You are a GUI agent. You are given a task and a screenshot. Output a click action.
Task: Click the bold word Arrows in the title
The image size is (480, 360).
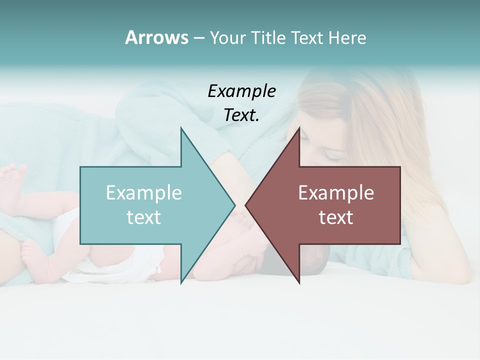pyautogui.click(x=156, y=37)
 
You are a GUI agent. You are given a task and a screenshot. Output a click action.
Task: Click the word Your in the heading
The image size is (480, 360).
pyautogui.click(x=228, y=38)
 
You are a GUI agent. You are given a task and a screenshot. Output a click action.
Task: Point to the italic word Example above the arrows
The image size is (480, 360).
pyautogui.click(x=242, y=91)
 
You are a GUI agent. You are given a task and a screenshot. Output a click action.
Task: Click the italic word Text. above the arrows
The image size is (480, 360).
pyautogui.click(x=241, y=115)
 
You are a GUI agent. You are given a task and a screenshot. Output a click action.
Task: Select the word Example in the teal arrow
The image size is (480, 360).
pyautogui.click(x=144, y=192)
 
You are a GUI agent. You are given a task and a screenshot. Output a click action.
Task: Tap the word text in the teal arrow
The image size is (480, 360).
pyautogui.click(x=144, y=217)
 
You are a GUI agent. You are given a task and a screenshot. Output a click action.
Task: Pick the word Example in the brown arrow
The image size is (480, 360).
pyautogui.click(x=336, y=192)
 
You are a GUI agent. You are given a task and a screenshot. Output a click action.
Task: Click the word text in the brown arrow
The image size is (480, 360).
pyautogui.click(x=336, y=217)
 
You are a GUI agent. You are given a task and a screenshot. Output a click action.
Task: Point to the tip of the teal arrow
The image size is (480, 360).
pyautogui.click(x=234, y=205)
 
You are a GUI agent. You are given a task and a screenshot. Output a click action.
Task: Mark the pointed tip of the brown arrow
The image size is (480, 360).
pyautogui.click(x=246, y=205)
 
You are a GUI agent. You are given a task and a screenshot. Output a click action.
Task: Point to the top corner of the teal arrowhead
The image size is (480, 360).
pyautogui.click(x=181, y=128)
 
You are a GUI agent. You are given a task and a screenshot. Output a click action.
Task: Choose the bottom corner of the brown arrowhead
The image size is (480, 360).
pyautogui.click(x=299, y=283)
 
